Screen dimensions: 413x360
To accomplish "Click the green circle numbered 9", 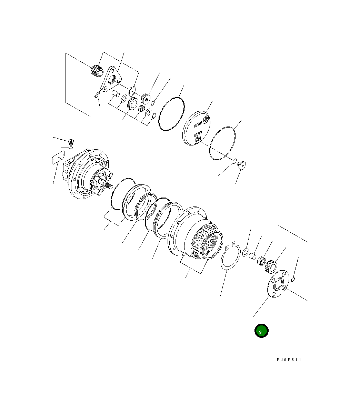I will pyautogui.click(x=261, y=331).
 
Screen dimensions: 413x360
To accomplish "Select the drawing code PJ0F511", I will pyautogui.click(x=289, y=360).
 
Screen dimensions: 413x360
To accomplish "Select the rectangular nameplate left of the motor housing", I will pyautogui.click(x=58, y=157).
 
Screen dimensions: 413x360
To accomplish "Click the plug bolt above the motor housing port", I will pyautogui.click(x=71, y=141).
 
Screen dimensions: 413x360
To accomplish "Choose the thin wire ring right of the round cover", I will pyautogui.click(x=222, y=143).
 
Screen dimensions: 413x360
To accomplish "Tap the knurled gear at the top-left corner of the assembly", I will pyautogui.click(x=97, y=70).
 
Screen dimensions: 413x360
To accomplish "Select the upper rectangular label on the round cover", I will pyautogui.click(x=198, y=123).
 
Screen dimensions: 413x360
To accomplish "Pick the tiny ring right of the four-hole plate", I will pyautogui.click(x=293, y=279).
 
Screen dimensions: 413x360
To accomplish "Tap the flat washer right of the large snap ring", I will pyautogui.click(x=247, y=252).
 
